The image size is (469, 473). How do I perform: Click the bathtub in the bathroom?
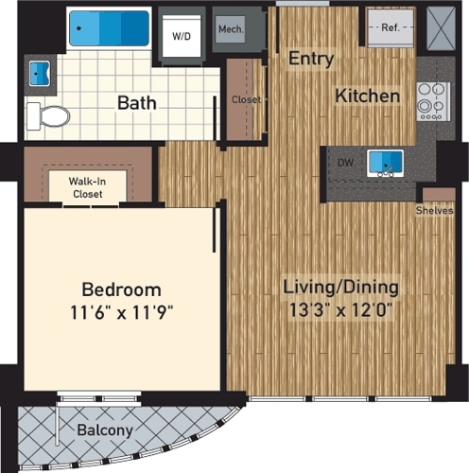[109, 28]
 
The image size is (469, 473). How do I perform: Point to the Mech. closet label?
[231, 30]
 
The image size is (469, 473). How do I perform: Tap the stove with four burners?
[432, 98]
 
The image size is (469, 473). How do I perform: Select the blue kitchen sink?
[385, 163]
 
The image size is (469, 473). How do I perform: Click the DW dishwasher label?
[345, 163]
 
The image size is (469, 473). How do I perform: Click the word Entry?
[311, 59]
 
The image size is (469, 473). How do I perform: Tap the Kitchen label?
[366, 96]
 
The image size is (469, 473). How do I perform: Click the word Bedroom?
[120, 289]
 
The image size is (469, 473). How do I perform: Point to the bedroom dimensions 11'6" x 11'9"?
[120, 310]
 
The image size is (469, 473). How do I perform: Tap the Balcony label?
[105, 431]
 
